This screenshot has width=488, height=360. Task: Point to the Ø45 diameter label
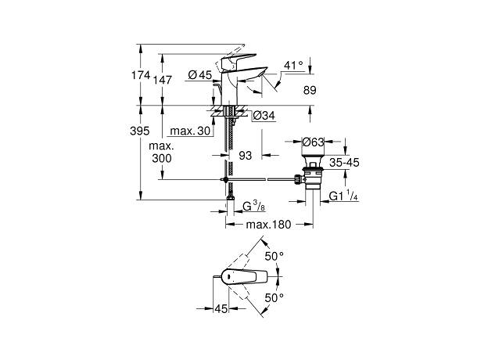[200, 75]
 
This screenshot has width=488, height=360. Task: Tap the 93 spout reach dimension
[245, 157]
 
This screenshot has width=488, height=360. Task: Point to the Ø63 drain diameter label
[314, 142]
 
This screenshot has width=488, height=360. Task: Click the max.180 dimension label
[269, 225]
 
